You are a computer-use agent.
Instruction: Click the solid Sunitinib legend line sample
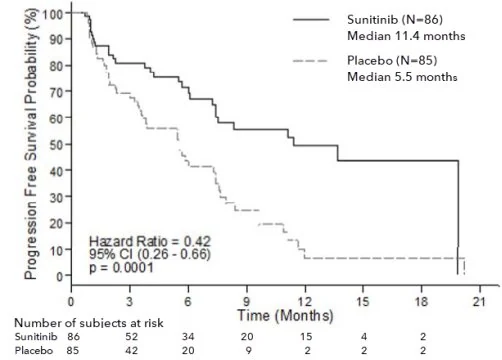click(311, 20)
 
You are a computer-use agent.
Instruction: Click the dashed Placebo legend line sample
click(310, 61)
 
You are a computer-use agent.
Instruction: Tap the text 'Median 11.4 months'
click(406, 36)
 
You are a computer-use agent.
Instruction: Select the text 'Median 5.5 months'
click(402, 77)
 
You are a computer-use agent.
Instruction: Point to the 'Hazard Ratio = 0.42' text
click(150, 241)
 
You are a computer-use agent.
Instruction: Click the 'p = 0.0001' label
click(121, 267)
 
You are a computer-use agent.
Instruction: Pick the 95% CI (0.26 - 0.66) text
click(150, 254)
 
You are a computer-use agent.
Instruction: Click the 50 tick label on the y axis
click(56, 145)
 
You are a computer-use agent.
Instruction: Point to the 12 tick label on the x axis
click(305, 302)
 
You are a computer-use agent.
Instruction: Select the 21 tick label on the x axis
click(479, 302)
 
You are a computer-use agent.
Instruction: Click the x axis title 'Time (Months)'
click(285, 315)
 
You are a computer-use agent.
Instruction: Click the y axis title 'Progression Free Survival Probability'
click(30, 144)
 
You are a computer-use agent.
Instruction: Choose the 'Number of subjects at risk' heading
click(89, 323)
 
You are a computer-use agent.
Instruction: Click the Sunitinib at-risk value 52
click(131, 337)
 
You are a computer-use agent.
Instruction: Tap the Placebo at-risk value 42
click(131, 351)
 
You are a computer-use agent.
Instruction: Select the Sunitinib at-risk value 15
click(306, 337)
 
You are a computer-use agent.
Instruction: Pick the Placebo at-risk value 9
click(248, 351)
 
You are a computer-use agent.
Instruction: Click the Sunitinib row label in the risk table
click(36, 337)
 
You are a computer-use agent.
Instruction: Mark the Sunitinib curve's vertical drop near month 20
click(458, 218)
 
